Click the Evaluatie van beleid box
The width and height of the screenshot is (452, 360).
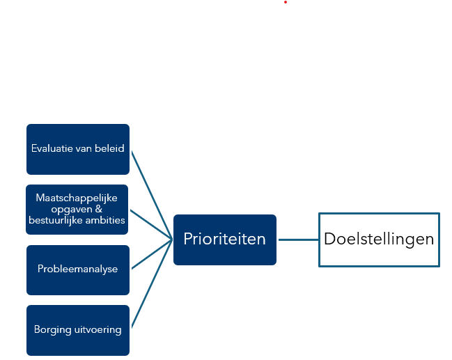78,149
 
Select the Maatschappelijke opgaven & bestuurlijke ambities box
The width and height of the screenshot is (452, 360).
78,210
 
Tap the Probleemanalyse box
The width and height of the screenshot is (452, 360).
78,269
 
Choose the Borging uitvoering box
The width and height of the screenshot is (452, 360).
78,330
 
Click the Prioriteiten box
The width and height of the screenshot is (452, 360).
224,240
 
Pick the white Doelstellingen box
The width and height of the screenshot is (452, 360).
379,240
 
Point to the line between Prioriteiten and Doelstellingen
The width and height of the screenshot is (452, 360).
297,240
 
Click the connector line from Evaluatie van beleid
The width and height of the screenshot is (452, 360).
153,194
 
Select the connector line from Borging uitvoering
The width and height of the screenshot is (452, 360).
153,285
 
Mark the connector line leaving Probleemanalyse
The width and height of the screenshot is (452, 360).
152,254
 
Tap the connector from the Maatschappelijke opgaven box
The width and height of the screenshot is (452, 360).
152,224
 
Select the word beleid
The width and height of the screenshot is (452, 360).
110,149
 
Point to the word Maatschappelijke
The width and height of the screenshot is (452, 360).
77,198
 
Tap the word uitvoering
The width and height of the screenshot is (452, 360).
98,330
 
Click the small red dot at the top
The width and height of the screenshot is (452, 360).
286,2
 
